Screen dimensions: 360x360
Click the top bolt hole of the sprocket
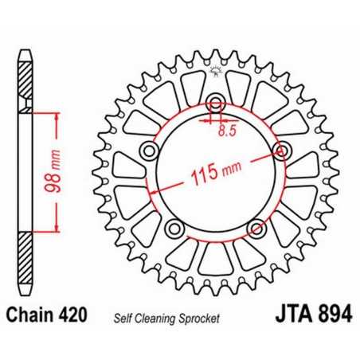[214, 103]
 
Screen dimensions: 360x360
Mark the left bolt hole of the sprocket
[147, 151]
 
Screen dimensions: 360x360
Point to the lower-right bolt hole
[255, 228]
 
